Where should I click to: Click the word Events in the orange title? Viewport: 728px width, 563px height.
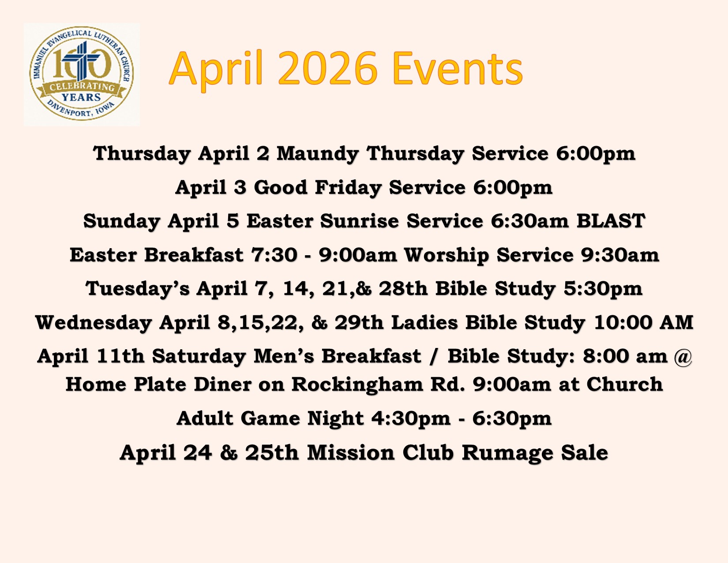coord(457,68)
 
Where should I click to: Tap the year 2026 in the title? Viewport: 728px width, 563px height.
coord(328,68)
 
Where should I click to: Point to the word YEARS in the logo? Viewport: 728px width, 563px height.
coord(81,97)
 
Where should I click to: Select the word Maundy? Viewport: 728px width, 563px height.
coord(317,154)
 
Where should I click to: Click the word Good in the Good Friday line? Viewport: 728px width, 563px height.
coord(281,187)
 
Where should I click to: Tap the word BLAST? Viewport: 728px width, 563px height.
coord(611,221)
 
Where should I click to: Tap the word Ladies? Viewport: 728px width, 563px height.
coord(424,322)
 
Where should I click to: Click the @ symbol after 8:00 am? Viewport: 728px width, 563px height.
coord(683,356)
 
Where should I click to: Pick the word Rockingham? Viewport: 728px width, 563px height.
coord(357,385)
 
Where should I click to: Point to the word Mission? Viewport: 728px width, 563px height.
coord(351,452)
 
